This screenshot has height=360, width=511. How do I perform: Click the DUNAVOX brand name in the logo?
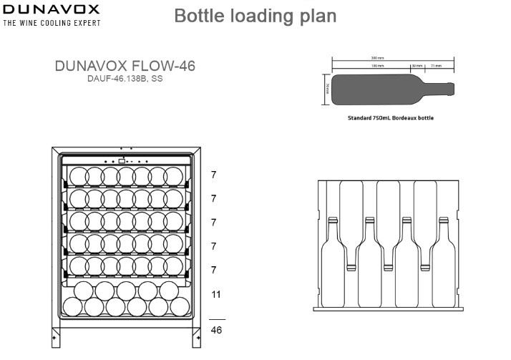pyautogui.click(x=52, y=10)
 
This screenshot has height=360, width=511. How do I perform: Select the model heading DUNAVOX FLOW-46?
pyautogui.click(x=125, y=66)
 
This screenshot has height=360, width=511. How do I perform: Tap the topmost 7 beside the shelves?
pyautogui.click(x=213, y=174)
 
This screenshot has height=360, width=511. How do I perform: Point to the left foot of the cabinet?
pyautogui.click(x=56, y=334)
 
